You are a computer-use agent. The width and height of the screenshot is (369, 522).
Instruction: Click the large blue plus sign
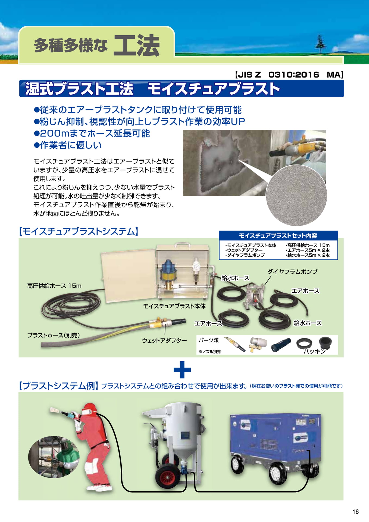click(182, 369)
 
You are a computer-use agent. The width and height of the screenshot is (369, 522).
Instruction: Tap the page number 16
click(355, 512)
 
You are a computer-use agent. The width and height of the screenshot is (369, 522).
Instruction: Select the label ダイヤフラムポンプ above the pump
click(292, 272)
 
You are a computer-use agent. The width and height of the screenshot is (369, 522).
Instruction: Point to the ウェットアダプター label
click(164, 340)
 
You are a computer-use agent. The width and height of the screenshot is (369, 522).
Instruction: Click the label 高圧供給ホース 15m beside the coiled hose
click(54, 286)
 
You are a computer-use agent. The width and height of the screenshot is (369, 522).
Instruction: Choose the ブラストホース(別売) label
click(54, 335)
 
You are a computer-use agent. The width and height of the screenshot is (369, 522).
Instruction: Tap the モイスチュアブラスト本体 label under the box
click(174, 306)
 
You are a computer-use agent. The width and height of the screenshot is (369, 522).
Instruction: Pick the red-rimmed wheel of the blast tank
click(166, 476)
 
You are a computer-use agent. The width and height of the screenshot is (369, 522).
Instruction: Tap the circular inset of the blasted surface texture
click(296, 195)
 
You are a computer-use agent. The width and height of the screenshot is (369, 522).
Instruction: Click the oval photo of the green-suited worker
click(54, 457)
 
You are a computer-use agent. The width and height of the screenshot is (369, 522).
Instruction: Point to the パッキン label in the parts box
click(314, 351)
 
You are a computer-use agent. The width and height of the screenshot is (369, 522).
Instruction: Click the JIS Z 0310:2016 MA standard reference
click(289, 74)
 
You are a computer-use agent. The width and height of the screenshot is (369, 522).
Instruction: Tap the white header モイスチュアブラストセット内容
click(278, 235)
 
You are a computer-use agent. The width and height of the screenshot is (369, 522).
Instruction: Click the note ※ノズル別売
click(210, 352)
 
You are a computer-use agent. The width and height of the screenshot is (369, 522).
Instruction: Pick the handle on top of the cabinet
click(183, 244)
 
